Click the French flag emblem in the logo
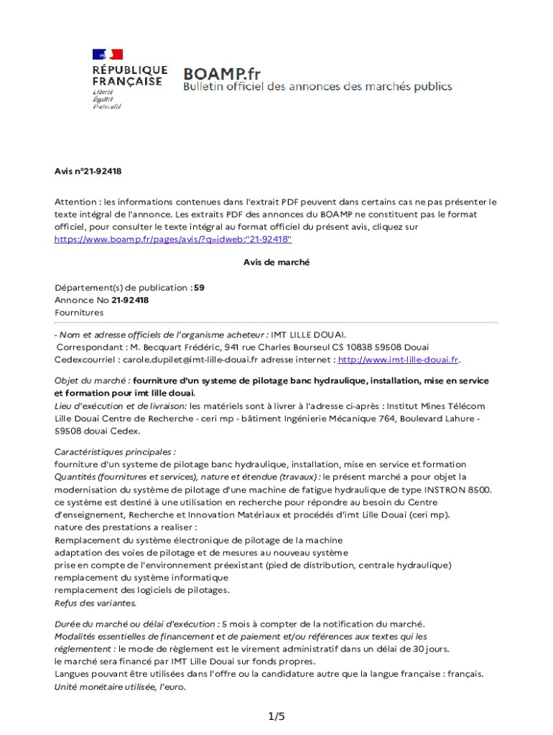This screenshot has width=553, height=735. pos(107,54)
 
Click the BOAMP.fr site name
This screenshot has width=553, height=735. pos(220,73)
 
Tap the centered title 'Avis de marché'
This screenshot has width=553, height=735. pos(276,263)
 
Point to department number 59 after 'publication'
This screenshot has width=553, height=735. pos(199,287)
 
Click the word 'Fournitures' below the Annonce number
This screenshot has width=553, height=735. pos(79,313)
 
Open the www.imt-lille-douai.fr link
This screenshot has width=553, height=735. pos(398,360)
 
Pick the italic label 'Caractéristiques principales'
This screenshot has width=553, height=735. pos(115,452)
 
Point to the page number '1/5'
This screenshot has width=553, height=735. pos(276,716)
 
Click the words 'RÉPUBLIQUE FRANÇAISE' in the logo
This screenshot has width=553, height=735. pos(129,76)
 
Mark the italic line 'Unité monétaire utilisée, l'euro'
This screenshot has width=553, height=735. pos(120,687)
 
